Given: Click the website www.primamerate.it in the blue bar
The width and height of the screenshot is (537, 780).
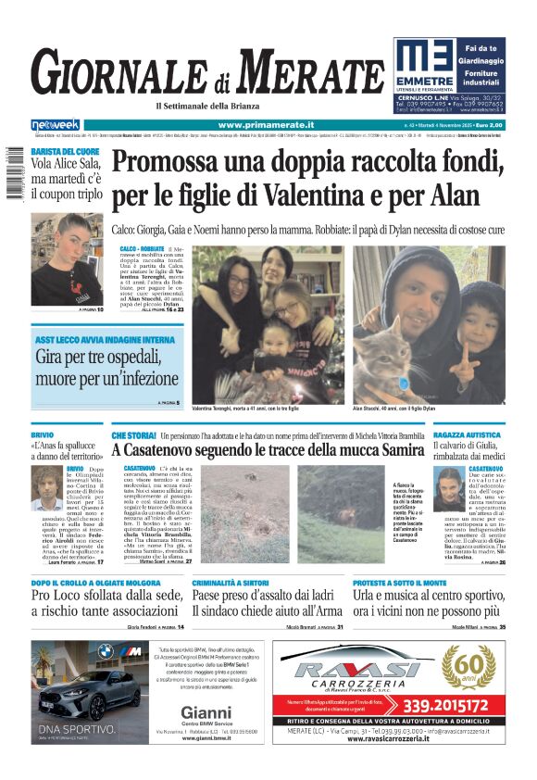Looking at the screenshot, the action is pos(266,125).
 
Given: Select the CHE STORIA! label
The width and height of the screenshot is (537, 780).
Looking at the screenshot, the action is pos(133,434).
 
